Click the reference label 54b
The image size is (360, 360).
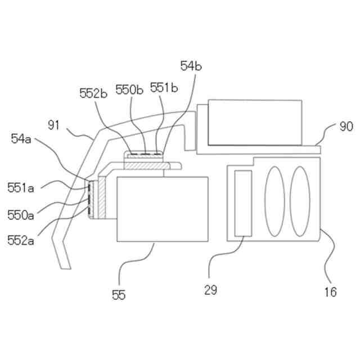191,66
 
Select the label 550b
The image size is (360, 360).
129,89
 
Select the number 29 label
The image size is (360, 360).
211,290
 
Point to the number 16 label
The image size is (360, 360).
330,291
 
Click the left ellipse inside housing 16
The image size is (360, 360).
274,201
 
